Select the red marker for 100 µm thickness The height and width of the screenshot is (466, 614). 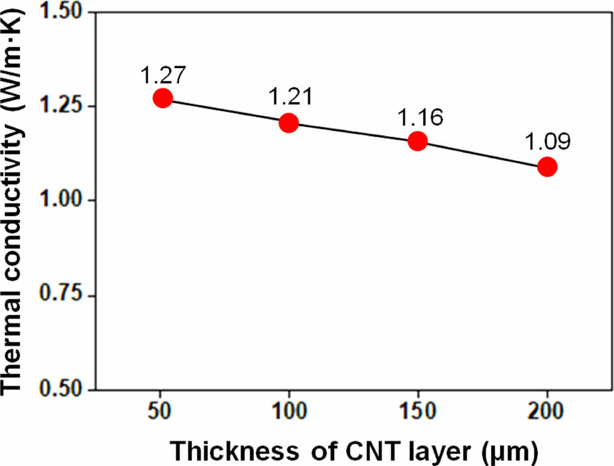click(288, 122)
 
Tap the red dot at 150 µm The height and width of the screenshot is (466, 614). click(417, 141)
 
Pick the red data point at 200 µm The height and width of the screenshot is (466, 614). click(547, 167)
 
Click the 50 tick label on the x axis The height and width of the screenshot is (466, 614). click(160, 412)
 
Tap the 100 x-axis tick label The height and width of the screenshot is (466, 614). click(289, 412)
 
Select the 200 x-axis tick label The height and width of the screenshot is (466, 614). click(547, 412)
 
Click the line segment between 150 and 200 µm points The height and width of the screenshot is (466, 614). click(482, 154)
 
